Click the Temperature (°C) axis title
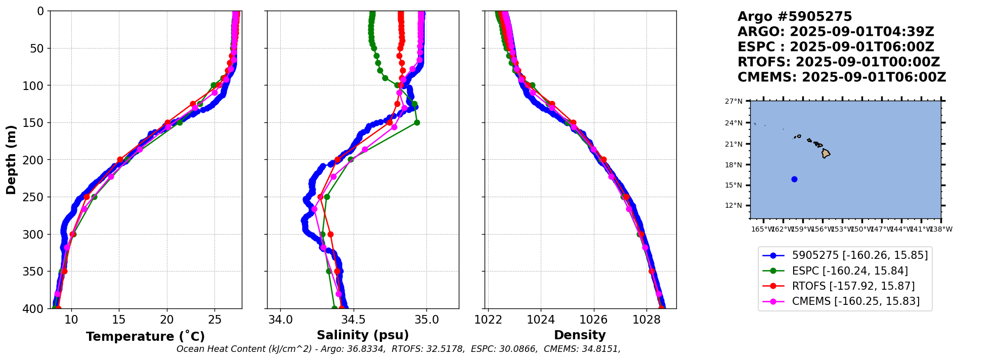click(x=145, y=337)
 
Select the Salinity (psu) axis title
click(x=363, y=335)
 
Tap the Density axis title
click(x=580, y=335)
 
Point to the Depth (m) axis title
click(x=11, y=160)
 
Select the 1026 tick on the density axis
click(x=593, y=320)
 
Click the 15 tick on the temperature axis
click(x=119, y=320)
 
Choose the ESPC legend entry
click(x=850, y=271)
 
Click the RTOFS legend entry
click(x=853, y=286)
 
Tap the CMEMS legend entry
click(x=855, y=301)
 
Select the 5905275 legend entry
click(x=859, y=255)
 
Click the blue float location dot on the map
click(x=794, y=179)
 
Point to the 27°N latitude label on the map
click(x=733, y=101)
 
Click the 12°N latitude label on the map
click(x=733, y=205)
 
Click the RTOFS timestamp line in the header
click(x=838, y=62)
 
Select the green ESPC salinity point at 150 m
click(x=417, y=122)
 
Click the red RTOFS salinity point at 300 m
click(x=330, y=234)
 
